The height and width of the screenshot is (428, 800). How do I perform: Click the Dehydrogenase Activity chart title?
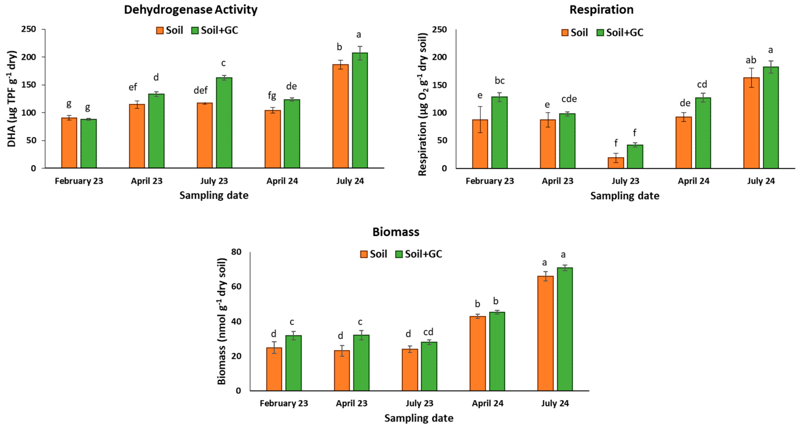click(191, 10)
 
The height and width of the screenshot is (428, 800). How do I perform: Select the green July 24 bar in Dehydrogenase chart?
click(360, 110)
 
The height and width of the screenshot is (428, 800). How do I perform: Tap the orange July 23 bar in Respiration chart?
click(616, 163)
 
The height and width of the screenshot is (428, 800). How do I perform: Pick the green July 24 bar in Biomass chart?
click(565, 329)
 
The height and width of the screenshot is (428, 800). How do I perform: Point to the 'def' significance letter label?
click(200, 90)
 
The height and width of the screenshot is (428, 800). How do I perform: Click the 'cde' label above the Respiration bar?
click(569, 99)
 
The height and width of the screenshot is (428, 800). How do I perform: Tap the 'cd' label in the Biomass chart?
click(428, 332)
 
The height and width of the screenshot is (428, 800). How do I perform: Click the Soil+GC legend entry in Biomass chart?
click(419, 254)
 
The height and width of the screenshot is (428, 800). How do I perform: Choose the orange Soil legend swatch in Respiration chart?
click(565, 33)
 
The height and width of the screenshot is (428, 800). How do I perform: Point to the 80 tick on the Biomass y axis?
click(236, 252)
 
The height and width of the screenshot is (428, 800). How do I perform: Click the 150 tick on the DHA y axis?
click(29, 85)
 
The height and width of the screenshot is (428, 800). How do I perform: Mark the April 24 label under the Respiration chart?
click(694, 181)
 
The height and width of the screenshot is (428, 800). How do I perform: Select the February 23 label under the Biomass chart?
click(284, 404)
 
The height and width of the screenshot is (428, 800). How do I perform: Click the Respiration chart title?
click(601, 10)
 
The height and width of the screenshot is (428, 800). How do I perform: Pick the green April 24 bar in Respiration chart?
click(703, 133)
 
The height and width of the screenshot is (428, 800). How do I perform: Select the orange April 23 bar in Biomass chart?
click(342, 370)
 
